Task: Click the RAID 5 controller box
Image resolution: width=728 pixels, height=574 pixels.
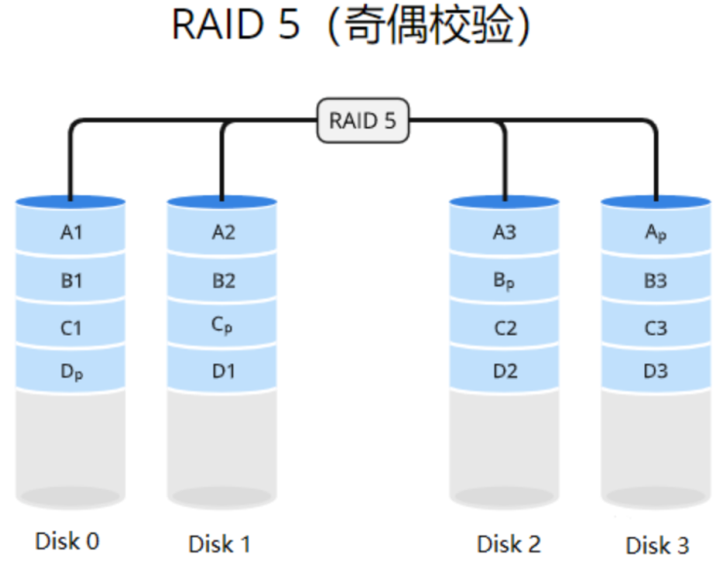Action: tap(363, 120)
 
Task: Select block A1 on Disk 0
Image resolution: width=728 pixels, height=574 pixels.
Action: tap(70, 230)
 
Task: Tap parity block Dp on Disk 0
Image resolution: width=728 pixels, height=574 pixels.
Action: tap(70, 370)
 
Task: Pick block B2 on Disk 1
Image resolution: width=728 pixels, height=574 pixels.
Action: tap(222, 279)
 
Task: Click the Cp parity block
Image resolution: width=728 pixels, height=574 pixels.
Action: tap(222, 325)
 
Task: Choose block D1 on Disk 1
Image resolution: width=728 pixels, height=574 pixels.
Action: tap(222, 370)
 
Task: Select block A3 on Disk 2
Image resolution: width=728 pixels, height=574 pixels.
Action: tap(505, 230)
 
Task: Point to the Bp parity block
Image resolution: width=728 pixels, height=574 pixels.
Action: tap(505, 279)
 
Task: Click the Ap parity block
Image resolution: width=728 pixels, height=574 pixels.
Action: tap(656, 230)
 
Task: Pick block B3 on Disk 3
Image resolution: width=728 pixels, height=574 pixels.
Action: tap(656, 279)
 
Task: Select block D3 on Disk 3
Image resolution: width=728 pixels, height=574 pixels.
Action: tap(656, 370)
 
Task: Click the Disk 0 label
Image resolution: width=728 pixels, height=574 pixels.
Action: tap(67, 541)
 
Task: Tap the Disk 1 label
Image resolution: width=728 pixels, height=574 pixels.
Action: tap(220, 544)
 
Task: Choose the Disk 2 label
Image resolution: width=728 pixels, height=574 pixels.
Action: tap(508, 544)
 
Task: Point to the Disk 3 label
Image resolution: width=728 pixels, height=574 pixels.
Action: tap(658, 546)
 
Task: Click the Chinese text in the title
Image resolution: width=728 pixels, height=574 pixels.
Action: tap(429, 25)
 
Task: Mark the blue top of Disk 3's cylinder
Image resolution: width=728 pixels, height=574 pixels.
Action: tap(656, 201)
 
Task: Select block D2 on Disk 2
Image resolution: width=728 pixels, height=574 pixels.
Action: tap(505, 370)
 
